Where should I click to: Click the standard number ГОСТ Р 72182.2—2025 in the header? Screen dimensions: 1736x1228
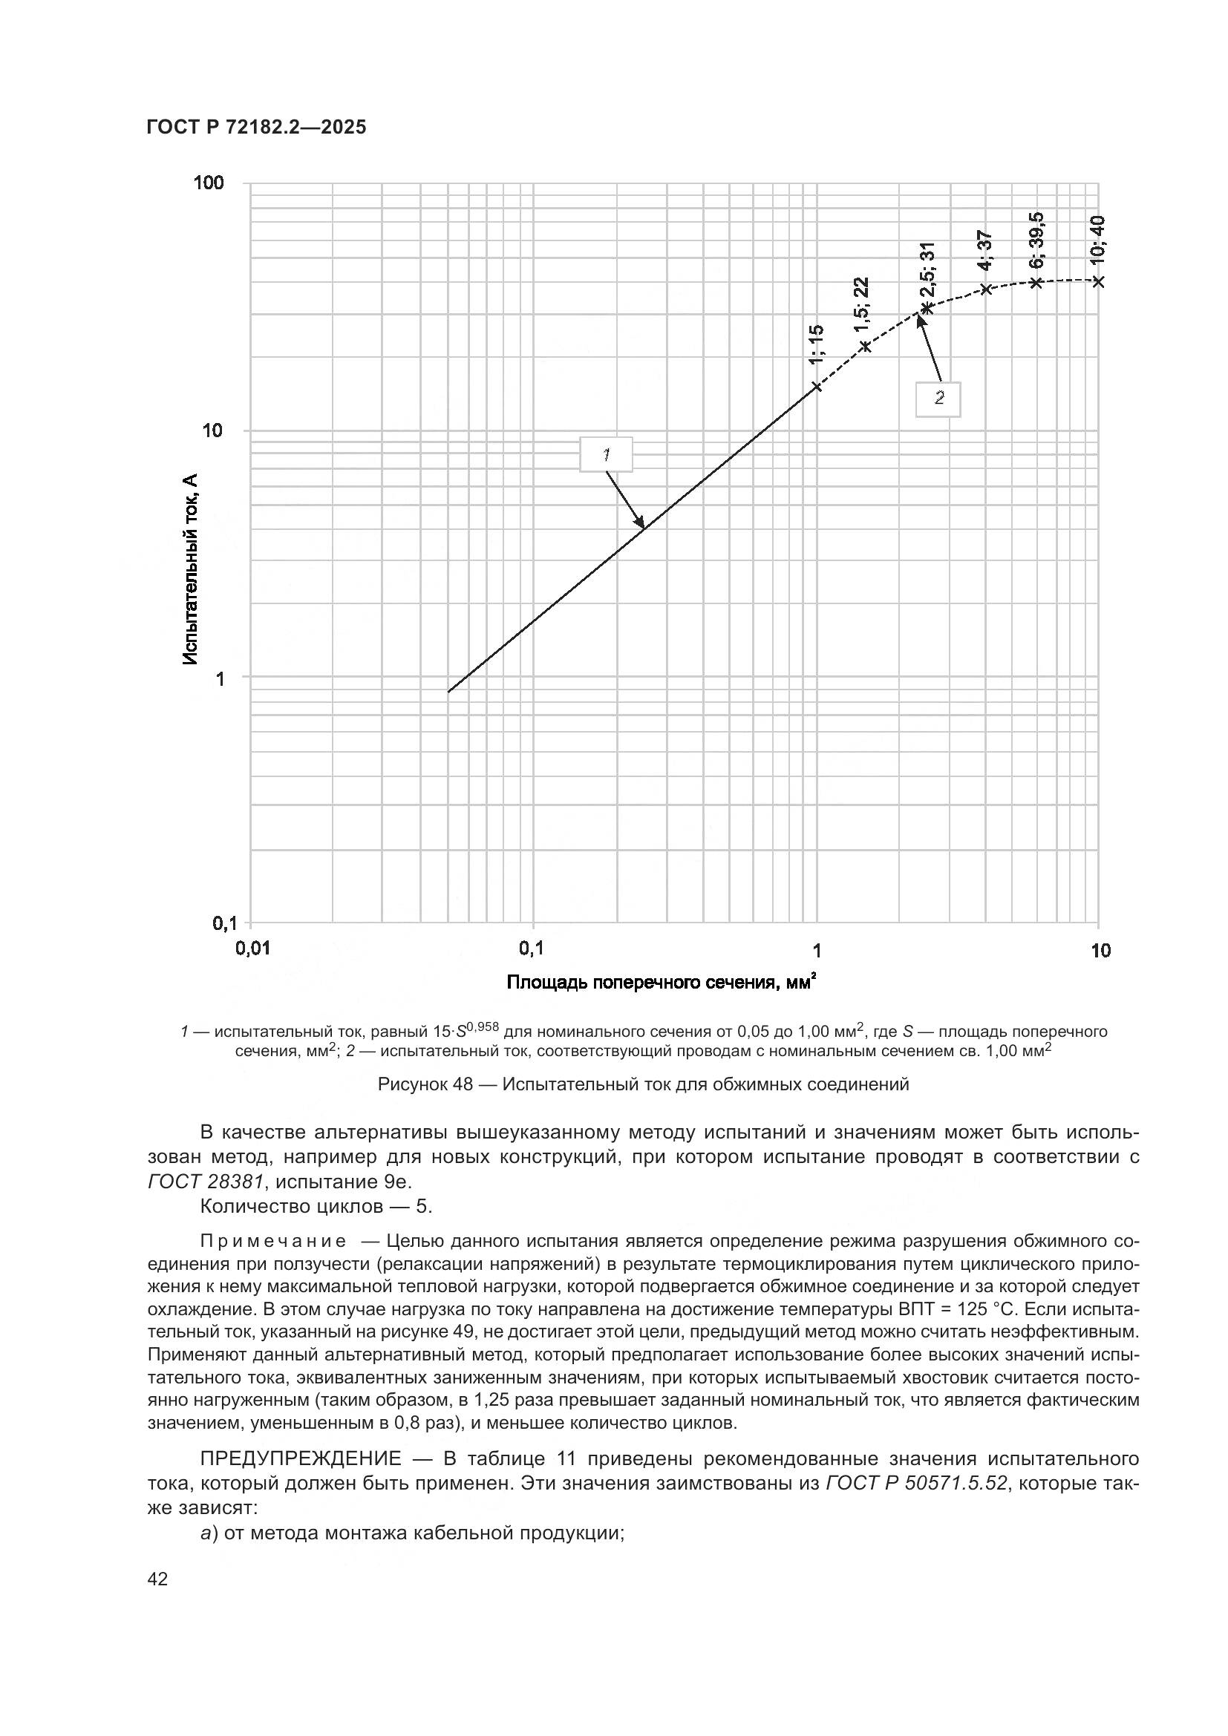pyautogui.click(x=255, y=128)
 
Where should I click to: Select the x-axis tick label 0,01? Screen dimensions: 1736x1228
pyautogui.click(x=252, y=949)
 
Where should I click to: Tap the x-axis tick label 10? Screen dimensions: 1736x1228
pyautogui.click(x=1100, y=951)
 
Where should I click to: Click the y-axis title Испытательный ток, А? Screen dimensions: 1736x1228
pyautogui.click(x=192, y=569)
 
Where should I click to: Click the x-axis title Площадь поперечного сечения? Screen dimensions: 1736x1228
pyautogui.click(x=662, y=982)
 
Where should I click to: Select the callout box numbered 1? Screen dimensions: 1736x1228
pyautogui.click(x=606, y=454)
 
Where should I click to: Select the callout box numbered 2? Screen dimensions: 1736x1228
pyautogui.click(x=938, y=399)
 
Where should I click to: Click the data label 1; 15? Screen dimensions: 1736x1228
pyautogui.click(x=817, y=345)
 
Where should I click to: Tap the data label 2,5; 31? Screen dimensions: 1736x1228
pyautogui.click(x=928, y=270)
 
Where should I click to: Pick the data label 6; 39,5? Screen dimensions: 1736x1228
pyautogui.click(x=1036, y=240)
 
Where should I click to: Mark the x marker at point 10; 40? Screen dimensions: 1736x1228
pyautogui.click(x=1098, y=281)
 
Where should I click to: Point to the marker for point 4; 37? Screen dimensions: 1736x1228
pyautogui.click(x=986, y=289)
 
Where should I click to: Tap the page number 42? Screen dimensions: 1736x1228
pyautogui.click(x=158, y=1579)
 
